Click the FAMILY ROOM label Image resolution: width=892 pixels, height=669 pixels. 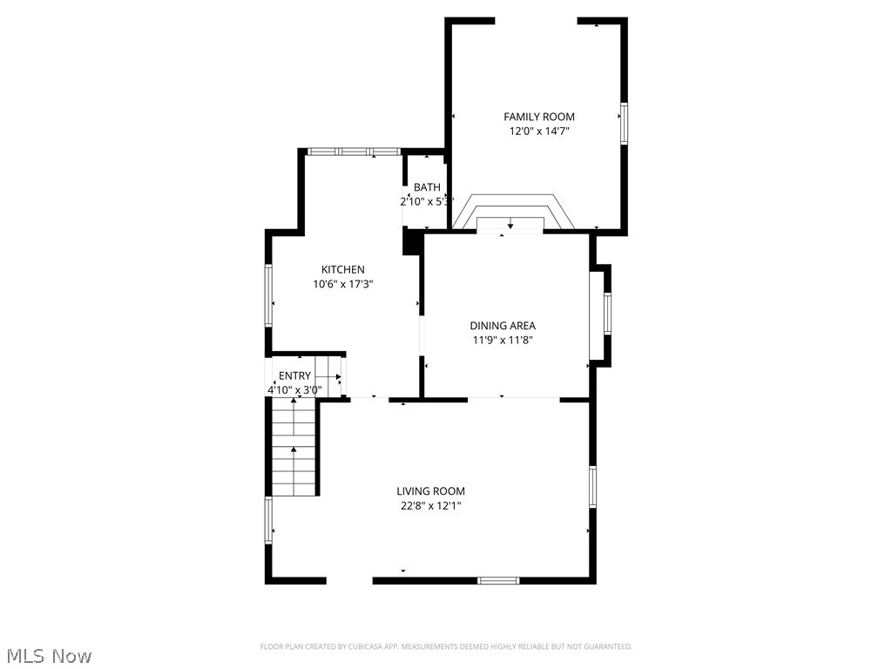point(538,117)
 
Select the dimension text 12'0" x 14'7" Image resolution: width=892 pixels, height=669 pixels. point(538,132)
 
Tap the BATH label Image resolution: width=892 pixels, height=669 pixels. point(427,187)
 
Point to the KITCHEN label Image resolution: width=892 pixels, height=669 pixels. point(343,270)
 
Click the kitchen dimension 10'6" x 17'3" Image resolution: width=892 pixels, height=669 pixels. point(343,284)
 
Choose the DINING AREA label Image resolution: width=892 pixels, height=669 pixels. point(503,326)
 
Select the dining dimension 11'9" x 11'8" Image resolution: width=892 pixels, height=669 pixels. point(503,341)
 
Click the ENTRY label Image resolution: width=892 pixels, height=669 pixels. point(294,376)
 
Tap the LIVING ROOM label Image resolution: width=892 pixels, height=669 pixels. point(430,491)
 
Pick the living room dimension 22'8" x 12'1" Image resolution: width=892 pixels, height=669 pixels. point(430,505)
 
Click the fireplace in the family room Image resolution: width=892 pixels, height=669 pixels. point(510,214)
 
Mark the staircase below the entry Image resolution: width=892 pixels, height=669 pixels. point(294,448)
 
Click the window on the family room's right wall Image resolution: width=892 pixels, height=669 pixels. point(624,123)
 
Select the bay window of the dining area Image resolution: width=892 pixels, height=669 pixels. point(602,314)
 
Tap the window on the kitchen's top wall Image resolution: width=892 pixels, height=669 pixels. point(354,152)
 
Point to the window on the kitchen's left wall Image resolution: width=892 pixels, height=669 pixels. point(269,296)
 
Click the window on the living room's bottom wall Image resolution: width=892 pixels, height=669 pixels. point(498,580)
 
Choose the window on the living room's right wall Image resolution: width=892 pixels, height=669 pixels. point(592,486)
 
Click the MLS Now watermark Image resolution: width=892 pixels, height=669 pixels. point(49,655)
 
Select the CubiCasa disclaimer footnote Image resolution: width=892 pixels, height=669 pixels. point(446,646)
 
